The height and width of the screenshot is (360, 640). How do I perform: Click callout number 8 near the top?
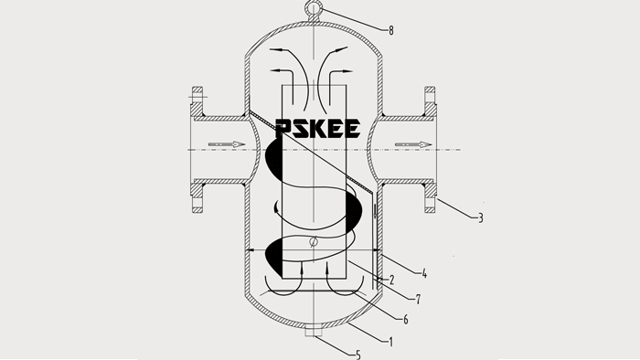point(391,30)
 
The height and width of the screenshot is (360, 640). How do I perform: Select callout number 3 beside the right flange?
point(480,218)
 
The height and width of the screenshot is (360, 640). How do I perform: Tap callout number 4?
point(424,273)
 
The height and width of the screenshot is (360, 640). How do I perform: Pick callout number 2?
point(392,281)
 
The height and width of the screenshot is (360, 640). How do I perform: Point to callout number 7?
point(418,300)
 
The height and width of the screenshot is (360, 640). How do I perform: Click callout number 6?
point(406,320)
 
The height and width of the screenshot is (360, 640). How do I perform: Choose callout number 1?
point(391,342)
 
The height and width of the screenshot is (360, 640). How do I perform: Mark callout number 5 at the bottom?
point(358,355)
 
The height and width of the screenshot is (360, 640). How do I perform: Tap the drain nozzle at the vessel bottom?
point(314,331)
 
